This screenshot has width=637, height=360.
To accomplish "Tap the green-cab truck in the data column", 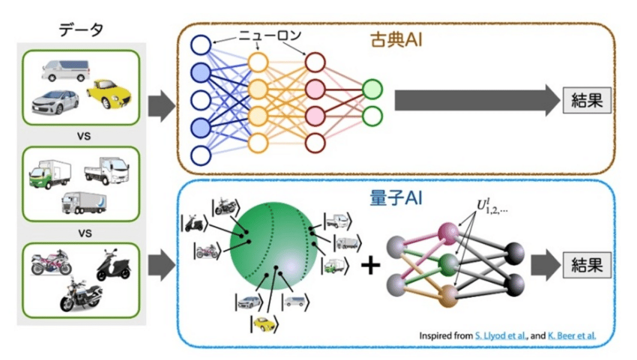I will [x=50, y=174].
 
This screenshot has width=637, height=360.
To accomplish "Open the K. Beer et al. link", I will [x=572, y=336].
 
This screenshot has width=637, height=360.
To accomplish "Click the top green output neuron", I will [x=372, y=89].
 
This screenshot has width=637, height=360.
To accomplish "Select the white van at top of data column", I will [x=65, y=70].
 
